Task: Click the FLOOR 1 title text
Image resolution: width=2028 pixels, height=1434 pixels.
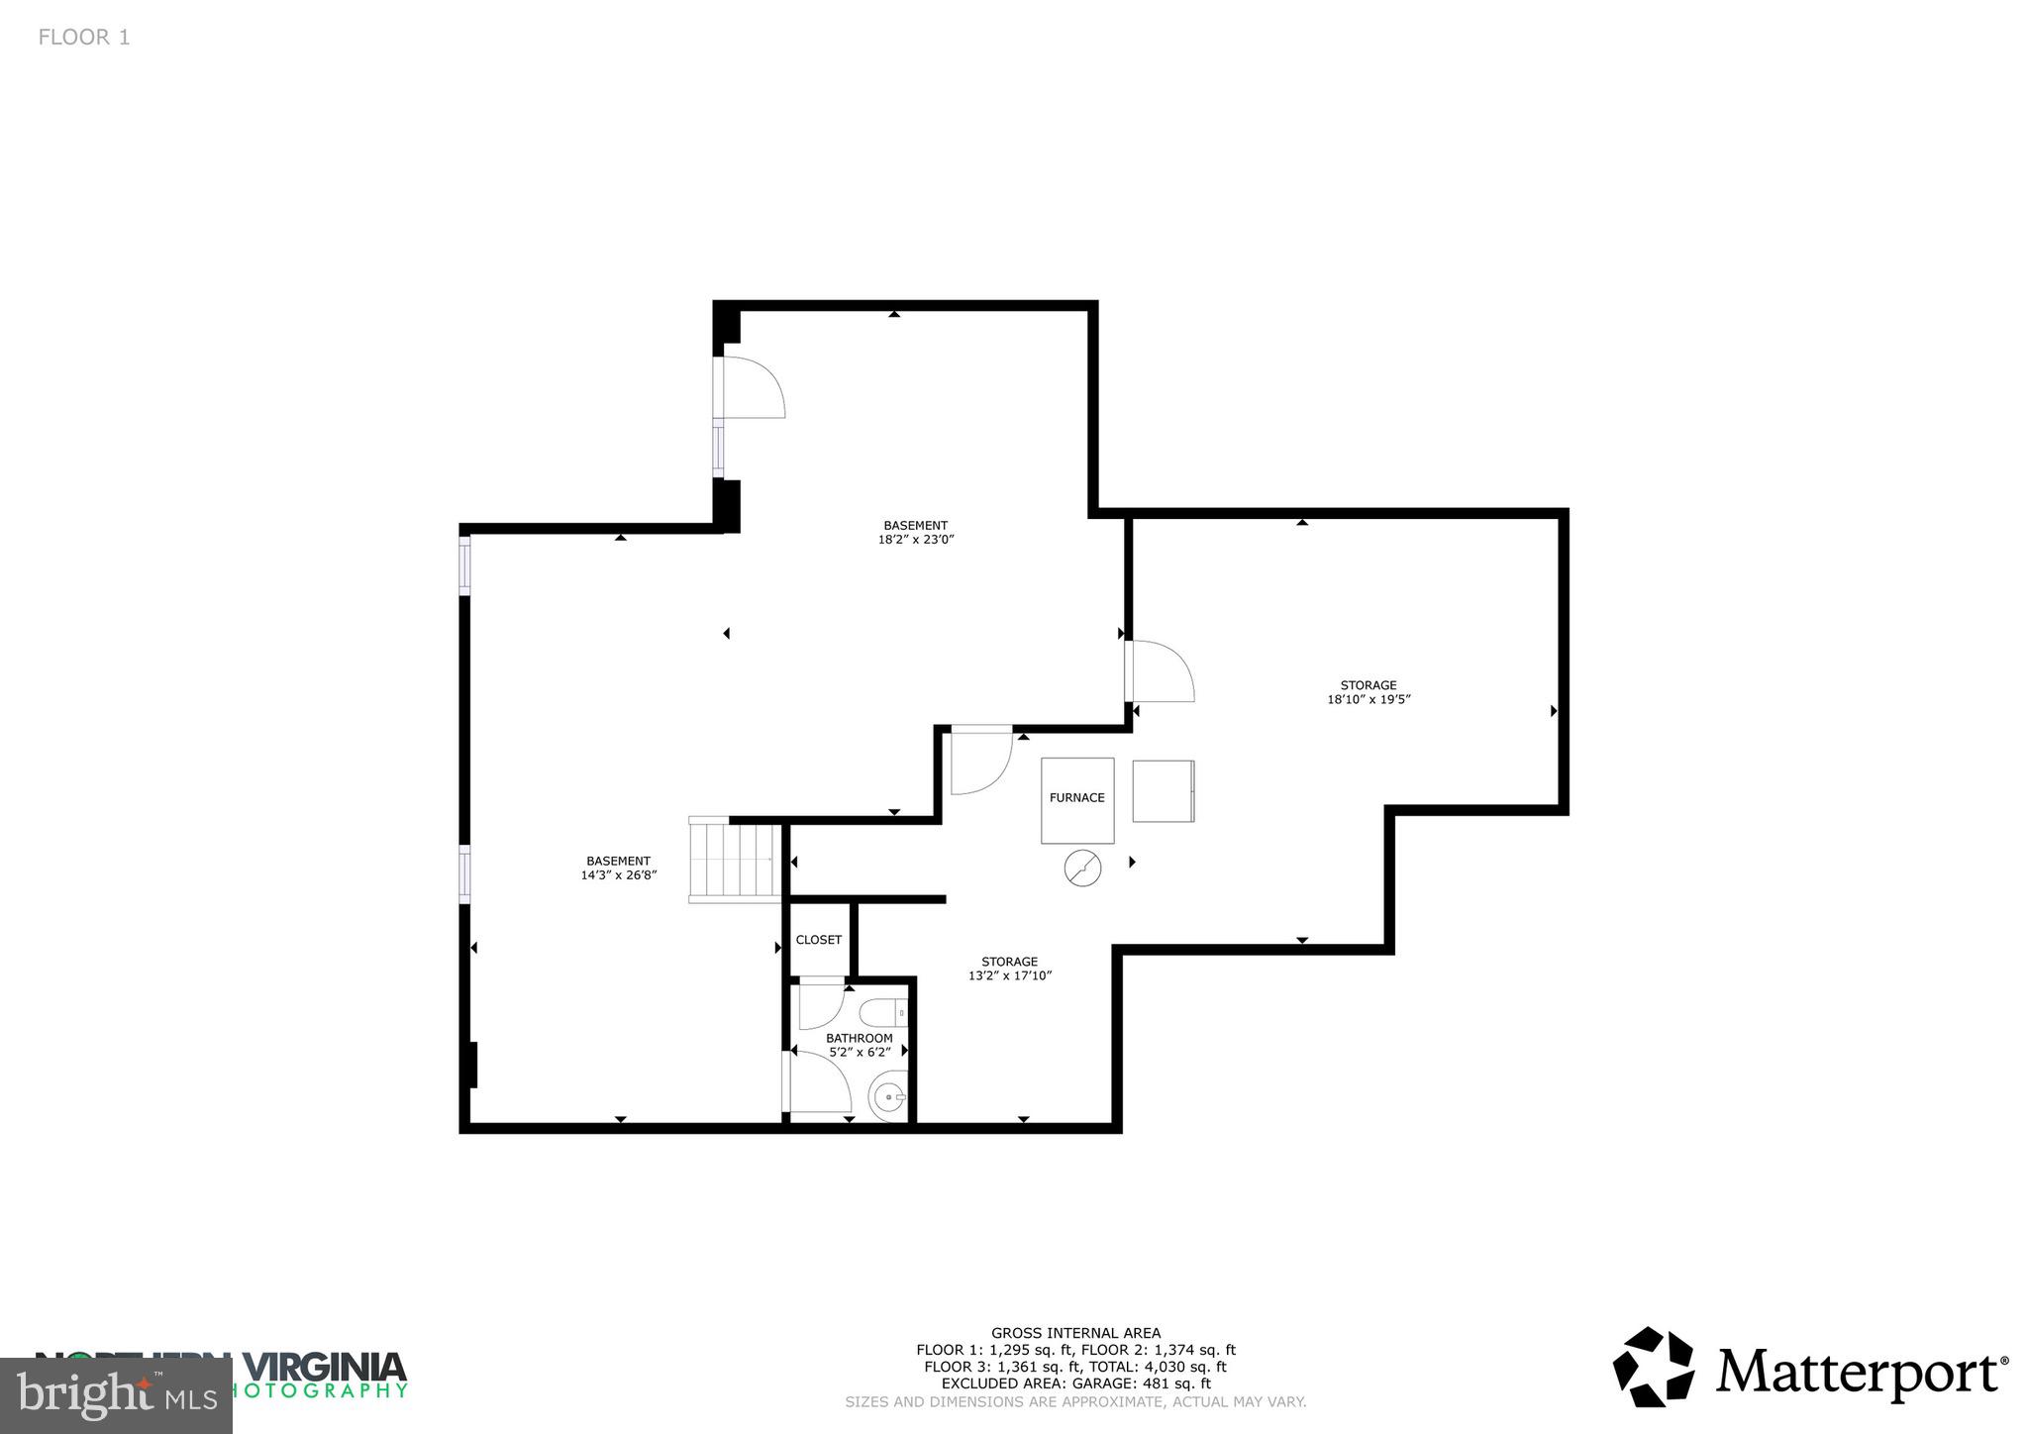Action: coord(84,38)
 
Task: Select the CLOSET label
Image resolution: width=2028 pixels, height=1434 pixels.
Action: coord(819,940)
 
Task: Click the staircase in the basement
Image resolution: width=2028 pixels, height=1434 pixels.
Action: coord(736,860)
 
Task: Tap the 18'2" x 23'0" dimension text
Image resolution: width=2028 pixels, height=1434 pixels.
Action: coord(915,540)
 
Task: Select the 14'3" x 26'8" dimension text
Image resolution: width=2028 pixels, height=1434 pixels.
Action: coord(619,875)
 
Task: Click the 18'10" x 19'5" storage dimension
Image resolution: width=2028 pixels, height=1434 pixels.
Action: coord(1369,699)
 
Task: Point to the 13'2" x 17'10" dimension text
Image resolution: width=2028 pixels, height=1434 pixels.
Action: coord(1009,975)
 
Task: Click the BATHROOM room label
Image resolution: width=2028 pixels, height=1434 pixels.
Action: coord(860,1038)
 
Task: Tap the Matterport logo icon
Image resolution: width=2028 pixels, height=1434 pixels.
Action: coord(1654,1367)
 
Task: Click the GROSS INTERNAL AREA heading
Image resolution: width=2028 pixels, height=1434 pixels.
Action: coord(1075,1333)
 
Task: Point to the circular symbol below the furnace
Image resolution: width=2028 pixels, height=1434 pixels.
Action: coord(1082,869)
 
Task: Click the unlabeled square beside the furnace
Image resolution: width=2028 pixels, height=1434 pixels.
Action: coord(1164,791)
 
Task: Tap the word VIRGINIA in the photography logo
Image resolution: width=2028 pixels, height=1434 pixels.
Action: coord(326,1368)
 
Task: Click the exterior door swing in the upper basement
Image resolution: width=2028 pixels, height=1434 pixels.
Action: coord(754,387)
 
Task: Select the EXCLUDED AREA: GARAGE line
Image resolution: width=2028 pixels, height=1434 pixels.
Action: coord(1075,1383)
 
